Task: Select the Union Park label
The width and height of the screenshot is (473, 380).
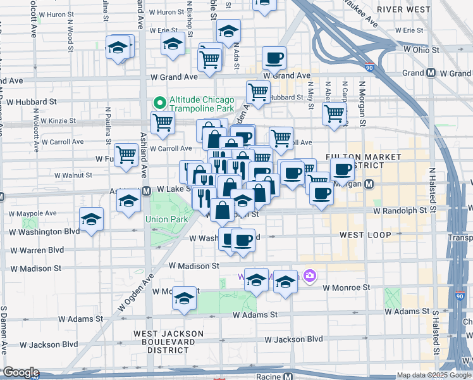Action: point(167,220)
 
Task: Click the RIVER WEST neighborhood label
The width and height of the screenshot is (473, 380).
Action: point(403,9)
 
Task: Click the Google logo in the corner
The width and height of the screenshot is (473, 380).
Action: point(20,372)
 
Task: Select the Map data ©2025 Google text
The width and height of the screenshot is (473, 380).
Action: point(434,375)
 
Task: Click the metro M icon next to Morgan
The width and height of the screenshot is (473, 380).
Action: point(370,184)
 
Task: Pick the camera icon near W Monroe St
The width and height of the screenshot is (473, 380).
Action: point(309,275)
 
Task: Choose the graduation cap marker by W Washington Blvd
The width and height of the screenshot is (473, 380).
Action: point(92,220)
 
